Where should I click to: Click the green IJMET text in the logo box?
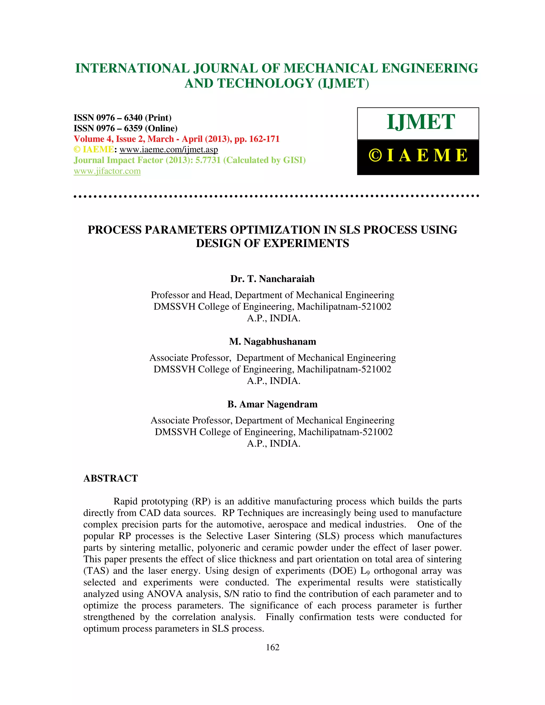tap(421, 122)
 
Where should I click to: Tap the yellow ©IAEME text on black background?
tap(418, 156)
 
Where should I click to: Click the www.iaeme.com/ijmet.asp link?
tap(168, 150)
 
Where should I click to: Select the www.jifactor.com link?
tap(107, 171)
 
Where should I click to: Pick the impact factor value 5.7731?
tap(208, 160)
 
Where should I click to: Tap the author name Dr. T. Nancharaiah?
tap(272, 279)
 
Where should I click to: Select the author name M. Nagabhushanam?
tap(272, 342)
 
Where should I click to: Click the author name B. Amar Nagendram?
tap(272, 404)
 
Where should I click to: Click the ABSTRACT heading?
tap(110, 478)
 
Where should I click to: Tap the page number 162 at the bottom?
tap(272, 647)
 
